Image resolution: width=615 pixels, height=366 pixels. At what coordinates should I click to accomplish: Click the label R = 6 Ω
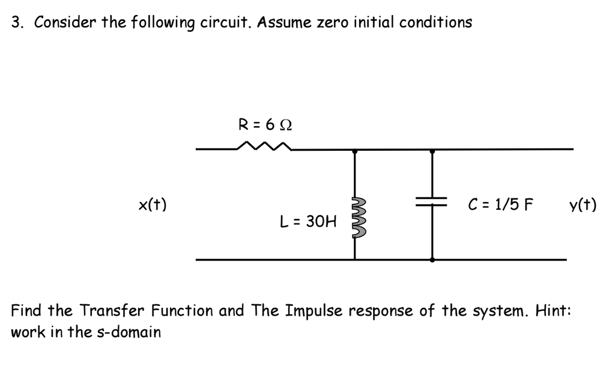265,125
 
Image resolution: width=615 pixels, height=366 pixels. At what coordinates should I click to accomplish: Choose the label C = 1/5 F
500,205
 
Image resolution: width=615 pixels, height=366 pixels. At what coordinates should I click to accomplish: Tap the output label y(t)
583,205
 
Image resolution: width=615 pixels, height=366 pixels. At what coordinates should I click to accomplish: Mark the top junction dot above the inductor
354,151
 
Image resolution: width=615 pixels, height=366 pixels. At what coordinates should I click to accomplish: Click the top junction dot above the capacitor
432,151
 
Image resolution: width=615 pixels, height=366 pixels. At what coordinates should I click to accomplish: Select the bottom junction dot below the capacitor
432,260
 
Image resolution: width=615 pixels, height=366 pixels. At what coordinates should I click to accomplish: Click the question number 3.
17,23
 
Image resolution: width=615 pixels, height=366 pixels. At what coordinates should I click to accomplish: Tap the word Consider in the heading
60,23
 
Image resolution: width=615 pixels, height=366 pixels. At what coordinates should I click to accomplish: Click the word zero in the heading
330,23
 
